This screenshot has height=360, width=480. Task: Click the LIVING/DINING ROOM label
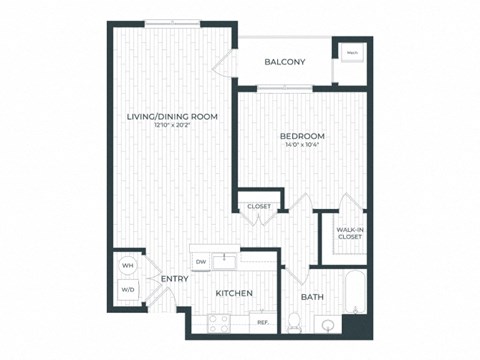click(172, 117)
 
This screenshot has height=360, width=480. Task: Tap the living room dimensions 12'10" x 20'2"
click(172, 126)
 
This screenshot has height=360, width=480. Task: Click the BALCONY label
click(285, 62)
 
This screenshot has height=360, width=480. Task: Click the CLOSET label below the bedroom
click(259, 206)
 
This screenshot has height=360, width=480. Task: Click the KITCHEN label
click(233, 293)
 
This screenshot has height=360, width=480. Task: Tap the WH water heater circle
click(128, 266)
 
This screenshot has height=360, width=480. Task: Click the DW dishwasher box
click(200, 262)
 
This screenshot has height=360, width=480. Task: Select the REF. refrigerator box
click(263, 323)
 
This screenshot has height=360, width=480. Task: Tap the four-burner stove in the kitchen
click(218, 322)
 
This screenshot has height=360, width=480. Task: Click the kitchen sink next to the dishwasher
click(226, 261)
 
